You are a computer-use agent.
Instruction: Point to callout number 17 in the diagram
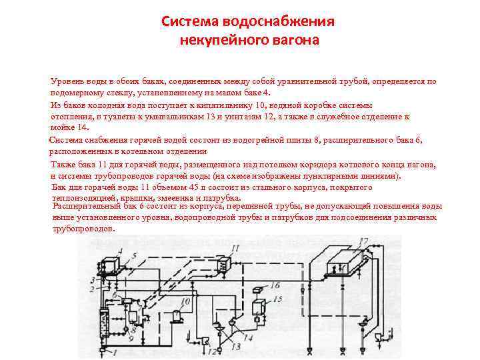pyautogui.click(x=363, y=241)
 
